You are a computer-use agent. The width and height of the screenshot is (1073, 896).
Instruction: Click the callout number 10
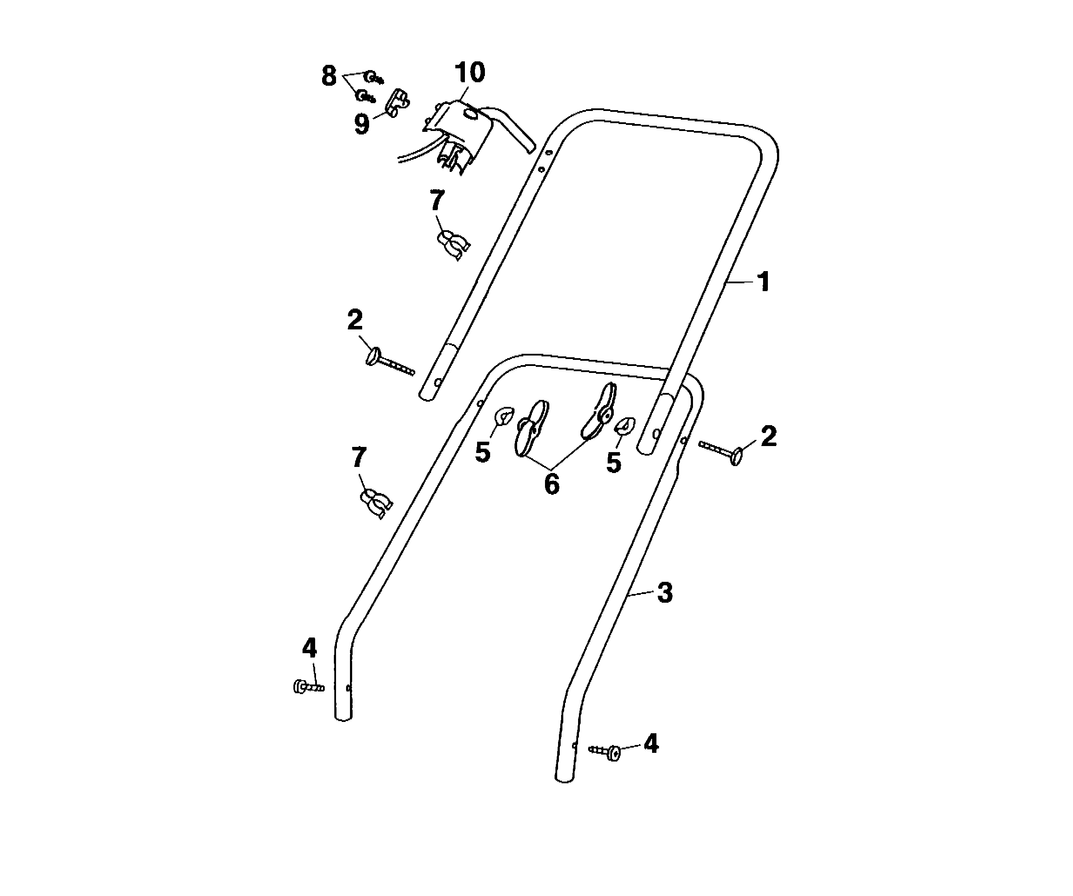(x=470, y=73)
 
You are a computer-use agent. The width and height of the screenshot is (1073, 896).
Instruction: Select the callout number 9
(x=362, y=124)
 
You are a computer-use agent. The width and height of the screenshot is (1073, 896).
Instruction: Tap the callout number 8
(x=329, y=76)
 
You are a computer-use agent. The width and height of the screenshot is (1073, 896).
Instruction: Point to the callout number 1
(x=764, y=282)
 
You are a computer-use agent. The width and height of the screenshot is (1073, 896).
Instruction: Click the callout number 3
(x=664, y=593)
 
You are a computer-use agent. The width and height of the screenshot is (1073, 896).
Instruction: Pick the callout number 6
(x=552, y=484)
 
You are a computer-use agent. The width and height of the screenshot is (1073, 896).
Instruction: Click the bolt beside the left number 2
(x=390, y=362)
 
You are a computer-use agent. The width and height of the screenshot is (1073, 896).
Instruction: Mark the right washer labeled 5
(x=624, y=426)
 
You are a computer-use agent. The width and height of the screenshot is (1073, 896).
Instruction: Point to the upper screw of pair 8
(x=374, y=77)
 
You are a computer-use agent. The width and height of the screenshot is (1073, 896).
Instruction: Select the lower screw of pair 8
(x=366, y=96)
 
